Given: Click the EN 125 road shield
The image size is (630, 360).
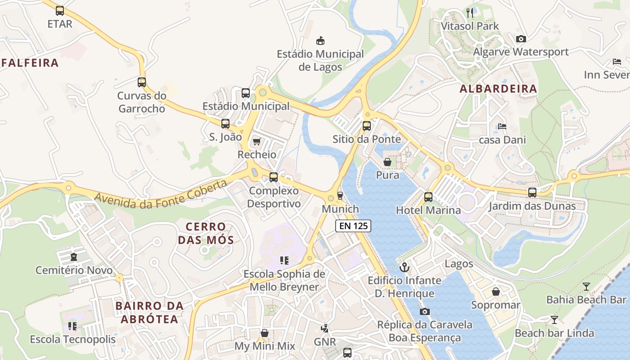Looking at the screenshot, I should click(353, 226).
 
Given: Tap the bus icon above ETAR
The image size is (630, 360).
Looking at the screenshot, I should click(60, 11).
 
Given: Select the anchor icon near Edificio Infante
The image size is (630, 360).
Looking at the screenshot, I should click(405, 267).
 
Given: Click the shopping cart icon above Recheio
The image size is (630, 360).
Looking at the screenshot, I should click(256, 142).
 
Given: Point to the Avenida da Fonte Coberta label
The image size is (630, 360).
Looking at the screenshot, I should click(161, 195).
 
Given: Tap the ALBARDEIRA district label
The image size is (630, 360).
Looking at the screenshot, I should click(498, 89).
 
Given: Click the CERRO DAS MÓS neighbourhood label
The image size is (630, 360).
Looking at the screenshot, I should click(206, 233).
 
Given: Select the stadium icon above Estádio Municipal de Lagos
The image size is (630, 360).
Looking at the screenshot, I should click(320, 41).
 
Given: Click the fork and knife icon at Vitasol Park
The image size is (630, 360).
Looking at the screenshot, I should click(470, 13).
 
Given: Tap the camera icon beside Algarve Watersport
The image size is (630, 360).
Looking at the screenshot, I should click(521, 39).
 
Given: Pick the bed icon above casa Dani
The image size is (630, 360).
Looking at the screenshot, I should click(502, 127).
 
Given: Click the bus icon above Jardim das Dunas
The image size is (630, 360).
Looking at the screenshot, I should click(532, 193).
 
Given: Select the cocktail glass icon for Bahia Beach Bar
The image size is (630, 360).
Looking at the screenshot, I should click(586, 287).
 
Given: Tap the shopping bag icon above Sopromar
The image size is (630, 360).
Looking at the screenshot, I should click(495, 292).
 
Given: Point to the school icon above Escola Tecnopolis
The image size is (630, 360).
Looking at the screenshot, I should click(72, 326).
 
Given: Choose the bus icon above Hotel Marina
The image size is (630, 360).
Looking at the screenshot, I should click(428, 197).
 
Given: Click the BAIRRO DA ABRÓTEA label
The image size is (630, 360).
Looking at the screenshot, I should click(149, 312).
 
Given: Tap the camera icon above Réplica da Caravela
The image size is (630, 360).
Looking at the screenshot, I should click(424, 311).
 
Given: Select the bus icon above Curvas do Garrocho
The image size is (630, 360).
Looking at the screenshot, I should click(142, 82).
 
